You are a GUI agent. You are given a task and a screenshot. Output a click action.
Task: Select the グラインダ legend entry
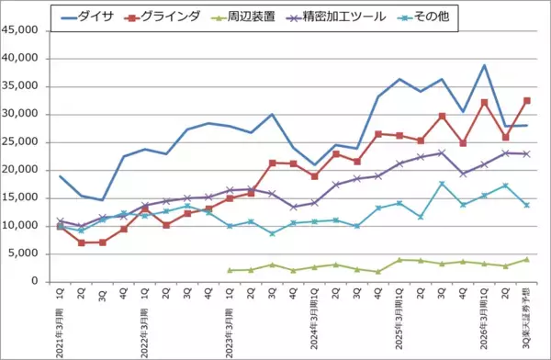(178, 17)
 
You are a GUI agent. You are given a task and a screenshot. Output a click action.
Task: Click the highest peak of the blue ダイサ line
(484, 65)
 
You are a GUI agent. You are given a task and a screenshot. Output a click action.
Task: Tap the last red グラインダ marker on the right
(526, 100)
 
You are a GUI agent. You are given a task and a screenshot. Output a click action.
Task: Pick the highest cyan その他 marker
(442, 184)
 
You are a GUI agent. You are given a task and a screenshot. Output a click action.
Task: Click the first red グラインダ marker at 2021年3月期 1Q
(61, 226)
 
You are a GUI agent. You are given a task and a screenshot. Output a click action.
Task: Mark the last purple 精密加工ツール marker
(526, 153)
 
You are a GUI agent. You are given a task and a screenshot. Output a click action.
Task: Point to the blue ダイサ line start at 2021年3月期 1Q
(61, 176)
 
